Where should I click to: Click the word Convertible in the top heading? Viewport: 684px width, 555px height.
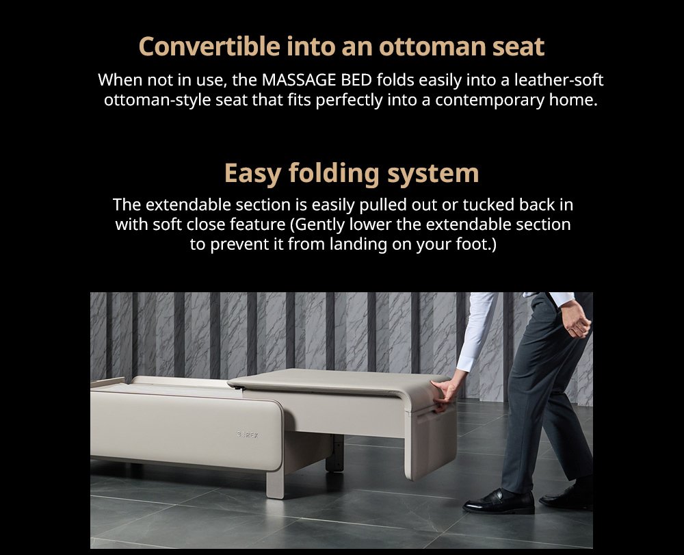(x=209, y=47)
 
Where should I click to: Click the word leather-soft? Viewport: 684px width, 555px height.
(x=559, y=80)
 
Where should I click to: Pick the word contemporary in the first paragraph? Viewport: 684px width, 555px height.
(x=490, y=100)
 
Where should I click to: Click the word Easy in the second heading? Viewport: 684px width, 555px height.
(x=252, y=173)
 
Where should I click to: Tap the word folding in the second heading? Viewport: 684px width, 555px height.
(x=334, y=173)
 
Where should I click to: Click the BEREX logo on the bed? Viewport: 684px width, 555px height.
(x=248, y=435)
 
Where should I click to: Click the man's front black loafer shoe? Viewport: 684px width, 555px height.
(x=499, y=502)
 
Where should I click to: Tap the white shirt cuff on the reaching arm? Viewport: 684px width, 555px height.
(x=466, y=362)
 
